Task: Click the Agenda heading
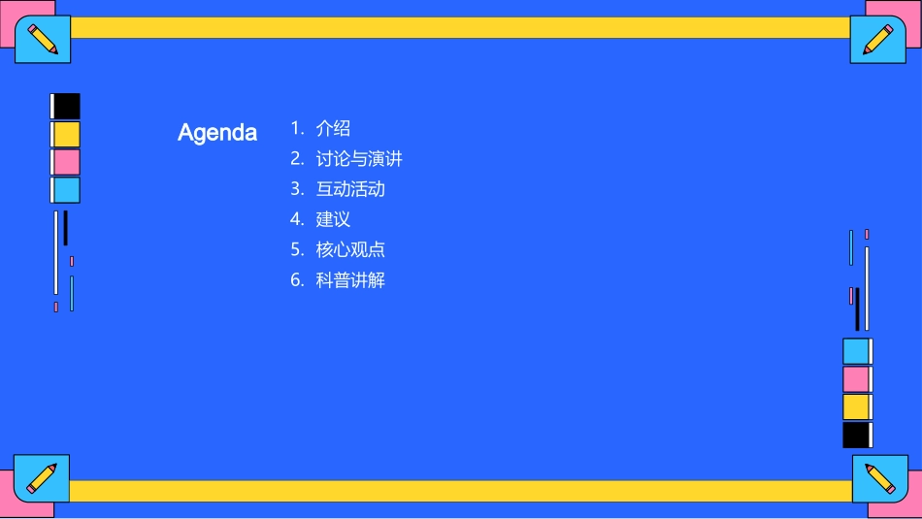217,133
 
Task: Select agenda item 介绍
333,128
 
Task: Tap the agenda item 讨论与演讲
358,158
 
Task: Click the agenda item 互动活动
349,189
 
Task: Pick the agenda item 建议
333,219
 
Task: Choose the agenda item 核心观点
349,249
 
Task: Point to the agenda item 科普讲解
349,280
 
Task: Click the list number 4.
297,219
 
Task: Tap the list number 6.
297,280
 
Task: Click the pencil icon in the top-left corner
43,40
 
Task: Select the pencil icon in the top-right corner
877,40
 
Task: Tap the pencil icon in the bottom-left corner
42,477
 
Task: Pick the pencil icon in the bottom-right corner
879,478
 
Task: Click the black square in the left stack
66,106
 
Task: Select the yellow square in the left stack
66,134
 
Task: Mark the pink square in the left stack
66,162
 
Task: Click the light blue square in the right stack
856,351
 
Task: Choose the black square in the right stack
856,435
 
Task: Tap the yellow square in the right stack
856,406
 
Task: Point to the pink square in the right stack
856,378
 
